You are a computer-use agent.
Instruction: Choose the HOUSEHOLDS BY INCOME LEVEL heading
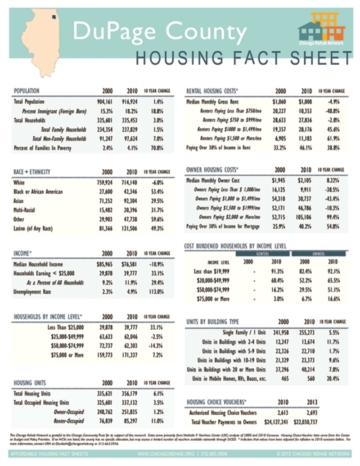[48, 316]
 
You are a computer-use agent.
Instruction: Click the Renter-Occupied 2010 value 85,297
[134, 420]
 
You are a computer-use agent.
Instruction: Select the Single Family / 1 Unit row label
[232, 332]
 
